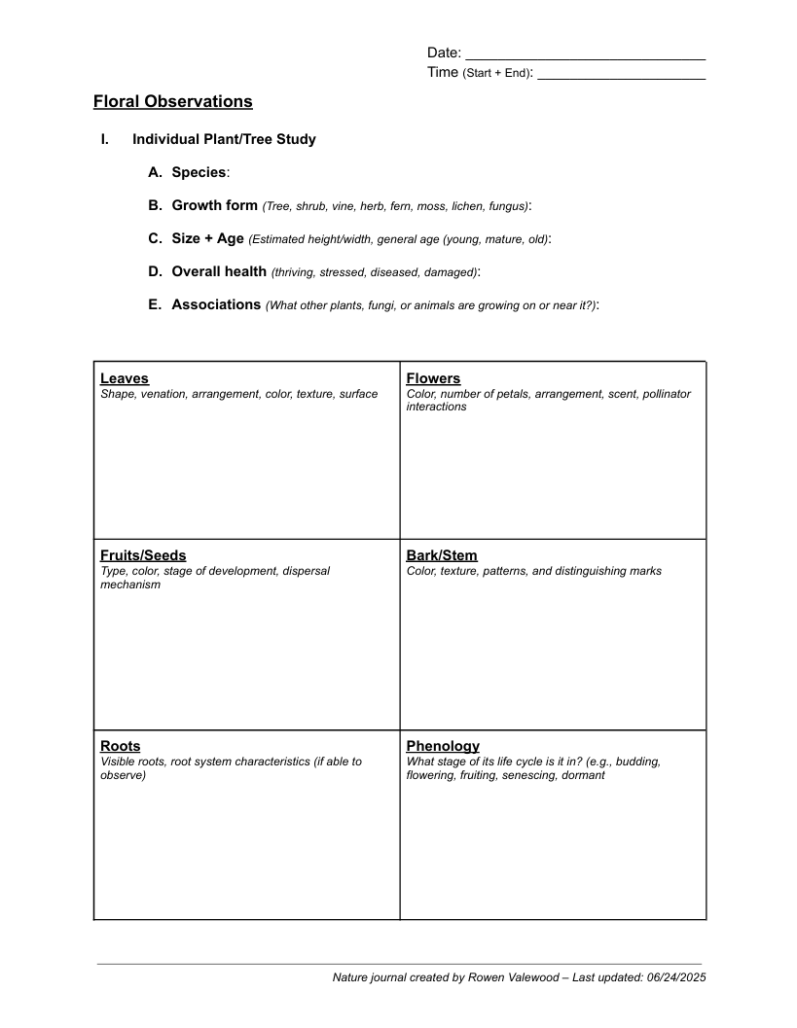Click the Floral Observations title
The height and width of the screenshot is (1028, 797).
tap(172, 101)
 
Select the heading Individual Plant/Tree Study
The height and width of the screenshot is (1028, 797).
tap(224, 139)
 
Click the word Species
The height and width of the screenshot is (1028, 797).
tap(199, 172)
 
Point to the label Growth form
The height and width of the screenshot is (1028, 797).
tap(214, 205)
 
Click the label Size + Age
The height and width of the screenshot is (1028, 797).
tap(207, 238)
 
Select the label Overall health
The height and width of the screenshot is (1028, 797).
tap(219, 271)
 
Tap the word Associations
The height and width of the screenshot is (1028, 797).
tap(216, 304)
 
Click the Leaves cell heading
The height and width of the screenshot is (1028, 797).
tap(125, 378)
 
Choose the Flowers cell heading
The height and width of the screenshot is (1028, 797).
tap(433, 378)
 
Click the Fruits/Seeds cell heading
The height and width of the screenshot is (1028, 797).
tap(143, 555)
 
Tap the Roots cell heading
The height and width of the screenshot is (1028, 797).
tap(121, 746)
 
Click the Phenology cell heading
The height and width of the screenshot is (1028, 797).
tap(443, 746)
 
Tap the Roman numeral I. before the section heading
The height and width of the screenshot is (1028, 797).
tap(104, 139)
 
